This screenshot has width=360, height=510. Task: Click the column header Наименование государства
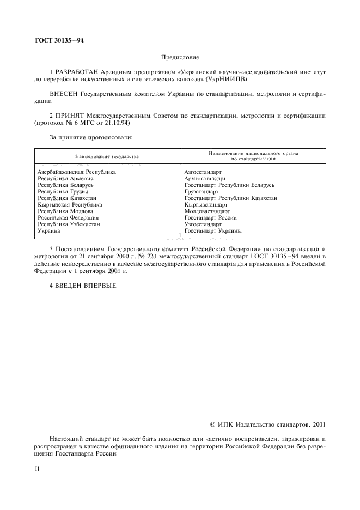[107, 156]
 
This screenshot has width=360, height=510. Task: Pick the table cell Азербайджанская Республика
[77, 172]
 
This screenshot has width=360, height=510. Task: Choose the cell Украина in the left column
[49, 230]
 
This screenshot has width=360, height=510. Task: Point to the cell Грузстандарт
[202, 191]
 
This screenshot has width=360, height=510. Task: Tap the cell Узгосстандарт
[203, 224]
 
